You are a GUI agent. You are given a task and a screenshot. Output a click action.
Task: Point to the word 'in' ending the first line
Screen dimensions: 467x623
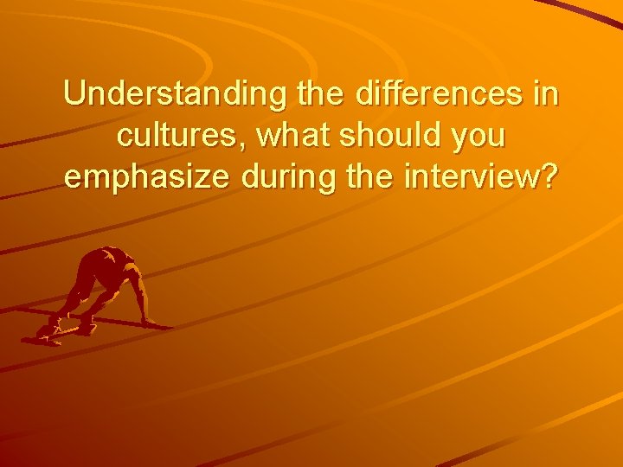[x=547, y=94]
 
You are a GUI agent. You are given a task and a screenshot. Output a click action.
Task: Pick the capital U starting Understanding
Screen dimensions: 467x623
[x=73, y=94]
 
